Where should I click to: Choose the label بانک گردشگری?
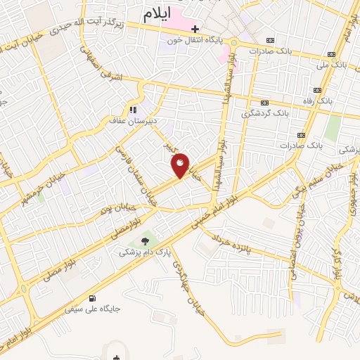pyautogui.click(x=265, y=112)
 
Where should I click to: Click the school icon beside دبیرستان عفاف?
pyautogui.click(x=131, y=110)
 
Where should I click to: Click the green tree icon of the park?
pyautogui.click(x=145, y=240)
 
